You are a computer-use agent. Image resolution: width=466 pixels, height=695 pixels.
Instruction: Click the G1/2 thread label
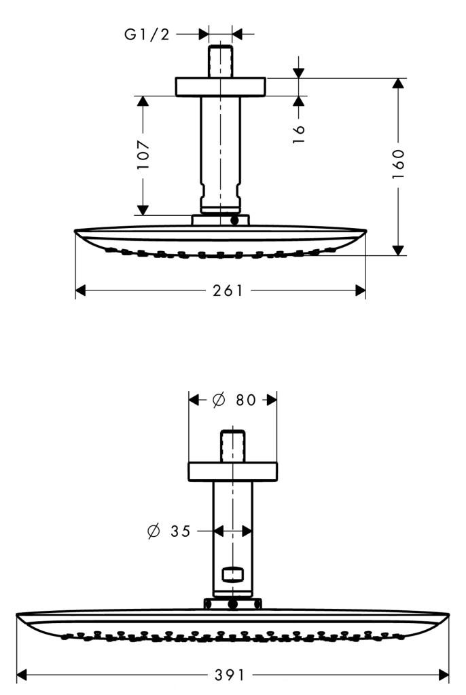pyautogui.click(x=147, y=34)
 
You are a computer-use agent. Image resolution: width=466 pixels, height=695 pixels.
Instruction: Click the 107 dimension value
pyautogui.click(x=143, y=155)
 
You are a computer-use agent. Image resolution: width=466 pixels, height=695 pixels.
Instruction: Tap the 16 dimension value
pyautogui.click(x=299, y=134)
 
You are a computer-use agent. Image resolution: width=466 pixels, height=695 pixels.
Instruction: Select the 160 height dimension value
pyautogui.click(x=398, y=164)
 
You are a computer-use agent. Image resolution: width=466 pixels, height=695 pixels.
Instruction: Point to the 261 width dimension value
pyautogui.click(x=228, y=290)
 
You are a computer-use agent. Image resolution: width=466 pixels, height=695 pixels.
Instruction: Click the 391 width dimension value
pyautogui.click(x=230, y=675)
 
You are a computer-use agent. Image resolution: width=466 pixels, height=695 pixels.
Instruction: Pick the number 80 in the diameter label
pyautogui.click(x=246, y=400)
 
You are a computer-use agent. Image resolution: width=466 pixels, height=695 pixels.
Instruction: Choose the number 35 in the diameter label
pyautogui.click(x=181, y=531)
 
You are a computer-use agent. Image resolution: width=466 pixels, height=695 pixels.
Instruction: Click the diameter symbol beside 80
pyautogui.click(x=219, y=400)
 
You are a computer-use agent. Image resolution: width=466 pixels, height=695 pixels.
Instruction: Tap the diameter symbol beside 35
pyautogui.click(x=154, y=531)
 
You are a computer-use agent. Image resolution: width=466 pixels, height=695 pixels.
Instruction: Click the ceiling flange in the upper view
pyautogui.click(x=220, y=87)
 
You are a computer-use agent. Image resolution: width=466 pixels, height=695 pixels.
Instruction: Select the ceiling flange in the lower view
pyautogui.click(x=232, y=472)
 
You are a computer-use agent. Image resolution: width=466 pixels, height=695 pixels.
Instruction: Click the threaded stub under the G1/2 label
pyautogui.click(x=220, y=60)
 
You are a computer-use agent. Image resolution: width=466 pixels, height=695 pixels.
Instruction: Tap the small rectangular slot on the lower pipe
pyautogui.click(x=232, y=574)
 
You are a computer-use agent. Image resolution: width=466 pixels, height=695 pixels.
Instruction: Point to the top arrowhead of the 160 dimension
pyautogui.click(x=399, y=83)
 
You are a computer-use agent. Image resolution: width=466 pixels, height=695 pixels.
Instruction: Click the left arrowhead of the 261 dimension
pyautogui.click(x=80, y=290)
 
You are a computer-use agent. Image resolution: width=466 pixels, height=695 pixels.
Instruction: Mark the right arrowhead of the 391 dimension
pyautogui.click(x=444, y=675)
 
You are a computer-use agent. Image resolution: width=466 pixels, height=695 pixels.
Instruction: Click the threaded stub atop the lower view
pyautogui.click(x=232, y=446)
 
